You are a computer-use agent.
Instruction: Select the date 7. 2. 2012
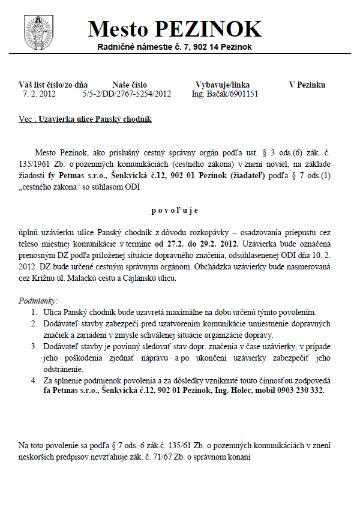click(x=39, y=94)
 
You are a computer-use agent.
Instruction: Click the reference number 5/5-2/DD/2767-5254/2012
click(x=127, y=94)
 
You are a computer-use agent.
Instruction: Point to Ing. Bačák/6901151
click(x=225, y=94)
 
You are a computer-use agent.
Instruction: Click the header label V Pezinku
click(x=307, y=85)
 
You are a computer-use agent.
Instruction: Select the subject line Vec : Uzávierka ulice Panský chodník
click(x=85, y=119)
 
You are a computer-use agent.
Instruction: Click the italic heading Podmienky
click(x=38, y=300)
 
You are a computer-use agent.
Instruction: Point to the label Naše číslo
click(x=129, y=85)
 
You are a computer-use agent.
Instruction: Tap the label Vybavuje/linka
click(x=223, y=85)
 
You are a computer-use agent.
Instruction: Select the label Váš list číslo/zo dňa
click(x=53, y=85)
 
